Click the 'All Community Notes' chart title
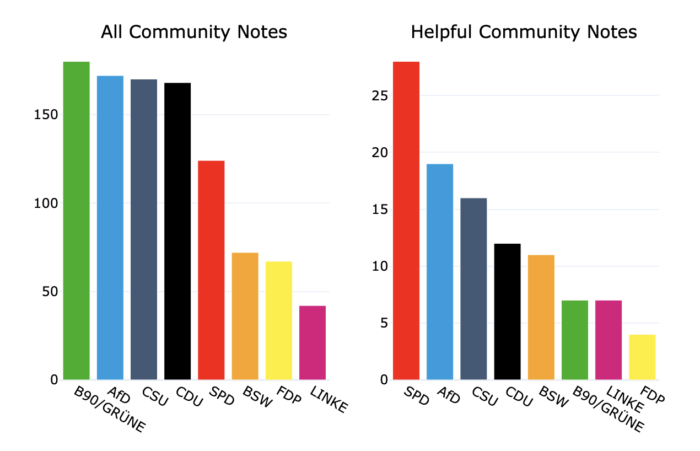(194, 33)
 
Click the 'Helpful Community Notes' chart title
(524, 33)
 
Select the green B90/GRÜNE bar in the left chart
(77, 221)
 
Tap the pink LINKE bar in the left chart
(313, 342)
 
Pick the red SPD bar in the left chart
(211, 270)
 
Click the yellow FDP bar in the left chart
(279, 320)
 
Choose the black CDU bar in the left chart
(177, 231)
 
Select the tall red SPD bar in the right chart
(406, 221)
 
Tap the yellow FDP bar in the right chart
(642, 357)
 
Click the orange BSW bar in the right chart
(541, 317)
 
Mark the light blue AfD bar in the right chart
(440, 272)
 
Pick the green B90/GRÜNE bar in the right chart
(575, 340)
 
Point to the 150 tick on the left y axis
(47, 115)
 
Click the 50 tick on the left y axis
(50, 292)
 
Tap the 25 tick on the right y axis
(380, 96)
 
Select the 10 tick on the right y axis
(380, 266)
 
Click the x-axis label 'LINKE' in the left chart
(330, 400)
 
